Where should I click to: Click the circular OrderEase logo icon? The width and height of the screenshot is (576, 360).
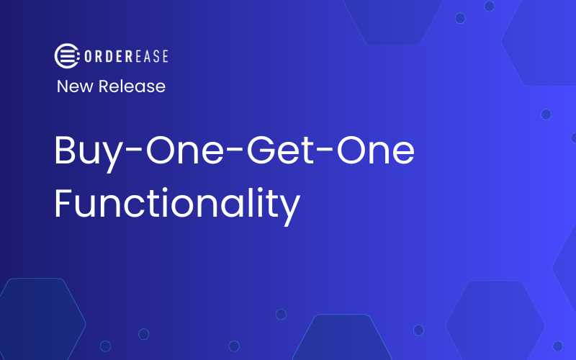point(66,55)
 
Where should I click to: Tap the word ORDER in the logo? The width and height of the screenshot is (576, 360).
point(104,55)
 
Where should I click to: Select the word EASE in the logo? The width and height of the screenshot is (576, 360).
point(148,55)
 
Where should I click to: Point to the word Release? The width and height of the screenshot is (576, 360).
point(132,86)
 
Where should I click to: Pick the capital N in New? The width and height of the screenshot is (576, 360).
point(63,86)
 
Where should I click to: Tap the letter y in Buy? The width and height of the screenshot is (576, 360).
point(106,156)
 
